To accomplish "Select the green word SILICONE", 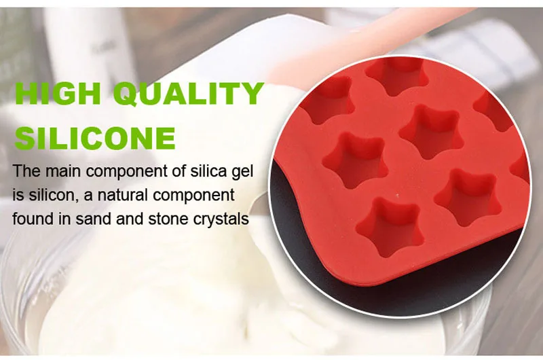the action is point(94,139).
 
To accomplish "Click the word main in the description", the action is point(63,171).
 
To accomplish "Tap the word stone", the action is point(168,219).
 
